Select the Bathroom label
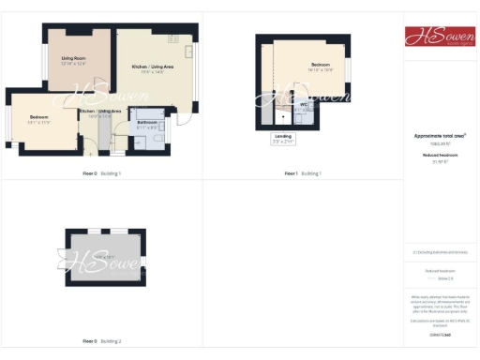coord(147,122)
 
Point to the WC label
coord(304,104)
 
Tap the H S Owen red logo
coord(439,37)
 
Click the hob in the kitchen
coord(173,39)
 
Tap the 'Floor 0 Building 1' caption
coord(102,174)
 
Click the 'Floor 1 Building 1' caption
coord(303,174)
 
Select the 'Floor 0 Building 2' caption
coord(102,341)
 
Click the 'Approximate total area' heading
coord(439,137)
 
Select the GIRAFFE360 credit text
coord(439,335)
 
